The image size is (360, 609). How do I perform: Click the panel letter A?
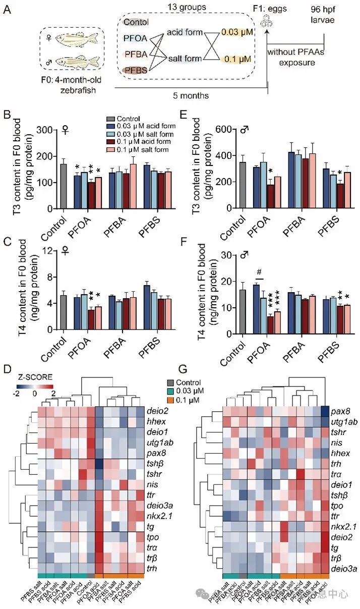point(8,9)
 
